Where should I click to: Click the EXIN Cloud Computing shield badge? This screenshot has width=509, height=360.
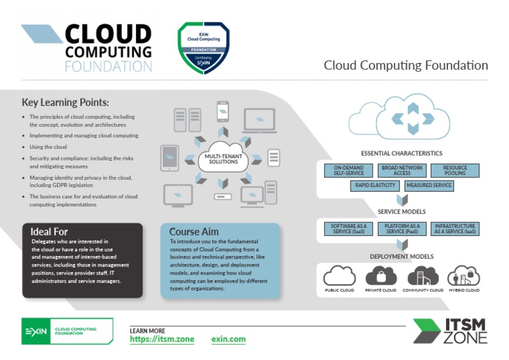(x=203, y=48)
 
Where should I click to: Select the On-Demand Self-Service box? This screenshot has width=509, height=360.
(x=349, y=170)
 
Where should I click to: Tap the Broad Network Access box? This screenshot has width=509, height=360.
(x=402, y=170)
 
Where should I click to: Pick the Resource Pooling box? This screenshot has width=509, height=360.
(x=455, y=170)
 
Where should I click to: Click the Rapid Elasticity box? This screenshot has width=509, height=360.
(x=375, y=186)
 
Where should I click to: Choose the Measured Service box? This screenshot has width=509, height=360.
(x=429, y=186)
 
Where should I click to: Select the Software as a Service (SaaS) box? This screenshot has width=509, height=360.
(x=349, y=229)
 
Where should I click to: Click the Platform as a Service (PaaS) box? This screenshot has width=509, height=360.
(x=402, y=229)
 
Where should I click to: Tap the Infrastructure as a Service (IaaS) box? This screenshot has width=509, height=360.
(x=455, y=229)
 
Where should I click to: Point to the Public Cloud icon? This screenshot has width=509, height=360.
(x=339, y=275)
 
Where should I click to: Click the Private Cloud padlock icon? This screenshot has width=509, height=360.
(x=381, y=275)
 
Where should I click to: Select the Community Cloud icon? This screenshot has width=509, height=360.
(x=423, y=275)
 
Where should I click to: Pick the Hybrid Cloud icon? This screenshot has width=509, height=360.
(x=463, y=275)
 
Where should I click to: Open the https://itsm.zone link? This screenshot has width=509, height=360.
(x=162, y=339)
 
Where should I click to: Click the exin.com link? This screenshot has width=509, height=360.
(x=228, y=339)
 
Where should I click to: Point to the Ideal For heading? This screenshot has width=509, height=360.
(x=49, y=231)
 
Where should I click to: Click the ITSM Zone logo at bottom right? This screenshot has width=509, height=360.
(x=450, y=330)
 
